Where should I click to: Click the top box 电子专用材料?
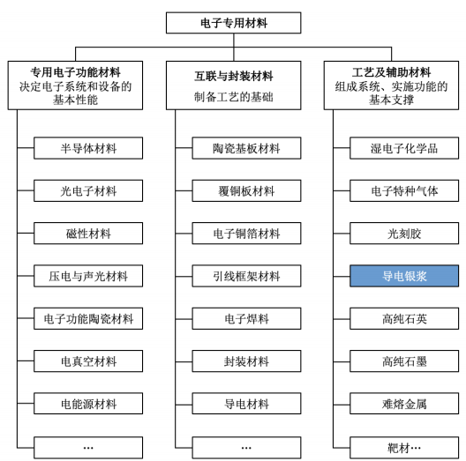(233, 23)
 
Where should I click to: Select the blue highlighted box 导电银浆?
(404, 276)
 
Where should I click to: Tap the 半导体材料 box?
(88, 148)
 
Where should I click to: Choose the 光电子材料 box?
(88, 190)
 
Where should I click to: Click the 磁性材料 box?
(88, 234)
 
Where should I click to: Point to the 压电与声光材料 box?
(88, 276)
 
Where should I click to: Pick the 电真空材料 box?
(88, 361)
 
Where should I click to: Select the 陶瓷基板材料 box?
(246, 148)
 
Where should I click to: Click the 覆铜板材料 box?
(246, 190)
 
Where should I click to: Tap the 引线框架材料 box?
(246, 276)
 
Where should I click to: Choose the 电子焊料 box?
(246, 318)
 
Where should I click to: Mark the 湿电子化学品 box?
(404, 148)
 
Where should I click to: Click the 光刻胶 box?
(404, 234)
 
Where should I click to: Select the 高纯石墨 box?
(404, 361)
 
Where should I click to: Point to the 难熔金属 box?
(404, 404)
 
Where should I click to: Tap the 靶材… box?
(404, 448)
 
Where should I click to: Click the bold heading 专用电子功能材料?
(76, 72)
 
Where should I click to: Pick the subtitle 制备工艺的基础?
(234, 97)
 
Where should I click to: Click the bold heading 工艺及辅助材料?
(391, 72)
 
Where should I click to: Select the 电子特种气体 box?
(404, 190)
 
